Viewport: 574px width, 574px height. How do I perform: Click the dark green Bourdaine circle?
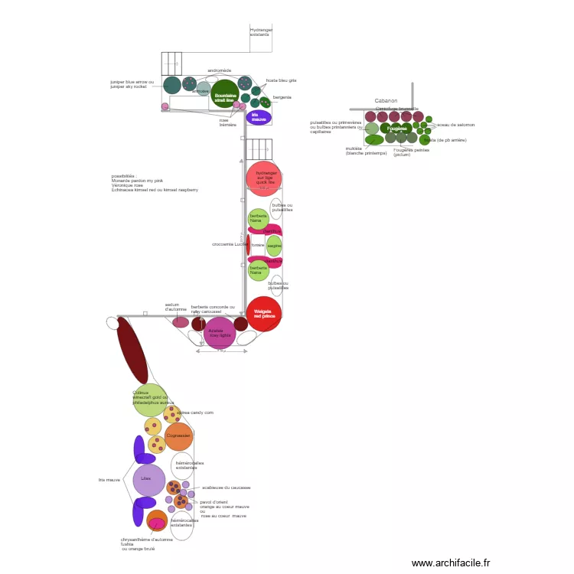point(224,93)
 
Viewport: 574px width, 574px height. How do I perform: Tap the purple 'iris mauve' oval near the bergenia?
point(259,118)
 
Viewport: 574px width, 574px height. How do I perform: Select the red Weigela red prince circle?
point(263,314)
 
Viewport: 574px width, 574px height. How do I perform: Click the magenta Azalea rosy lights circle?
point(220,333)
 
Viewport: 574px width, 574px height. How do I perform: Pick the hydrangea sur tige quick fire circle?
point(263,178)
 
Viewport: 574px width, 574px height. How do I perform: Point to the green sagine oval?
point(274,246)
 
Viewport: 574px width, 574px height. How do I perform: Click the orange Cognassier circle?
point(178,436)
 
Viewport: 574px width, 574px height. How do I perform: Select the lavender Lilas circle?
point(148,480)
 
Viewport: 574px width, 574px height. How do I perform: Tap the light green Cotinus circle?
point(150,400)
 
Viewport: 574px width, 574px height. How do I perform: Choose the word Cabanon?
point(386,100)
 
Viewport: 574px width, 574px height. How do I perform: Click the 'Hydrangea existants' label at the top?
point(261,32)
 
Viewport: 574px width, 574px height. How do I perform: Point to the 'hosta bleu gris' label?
point(281,80)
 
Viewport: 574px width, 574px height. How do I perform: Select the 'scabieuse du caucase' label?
point(226,488)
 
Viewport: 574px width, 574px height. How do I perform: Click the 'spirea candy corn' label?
point(196,413)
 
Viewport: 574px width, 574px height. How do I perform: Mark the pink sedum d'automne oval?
point(181,322)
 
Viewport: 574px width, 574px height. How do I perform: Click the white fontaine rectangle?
point(257,245)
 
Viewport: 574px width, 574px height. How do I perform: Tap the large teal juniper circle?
point(172,85)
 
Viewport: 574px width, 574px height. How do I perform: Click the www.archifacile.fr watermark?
point(451,563)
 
